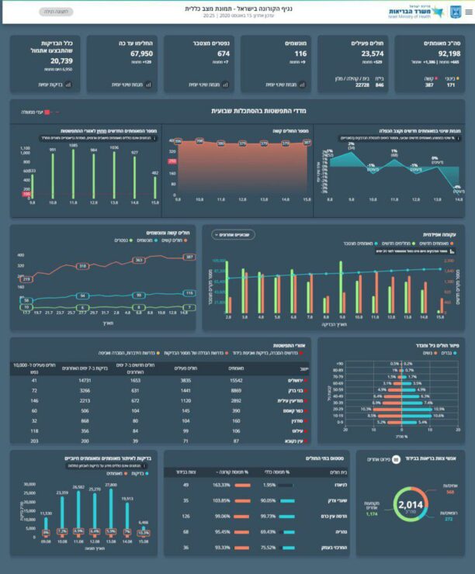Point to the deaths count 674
[x=224, y=54]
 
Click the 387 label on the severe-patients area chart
[x=305, y=143]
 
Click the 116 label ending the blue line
[x=189, y=292]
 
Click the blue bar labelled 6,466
[x=144, y=527]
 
